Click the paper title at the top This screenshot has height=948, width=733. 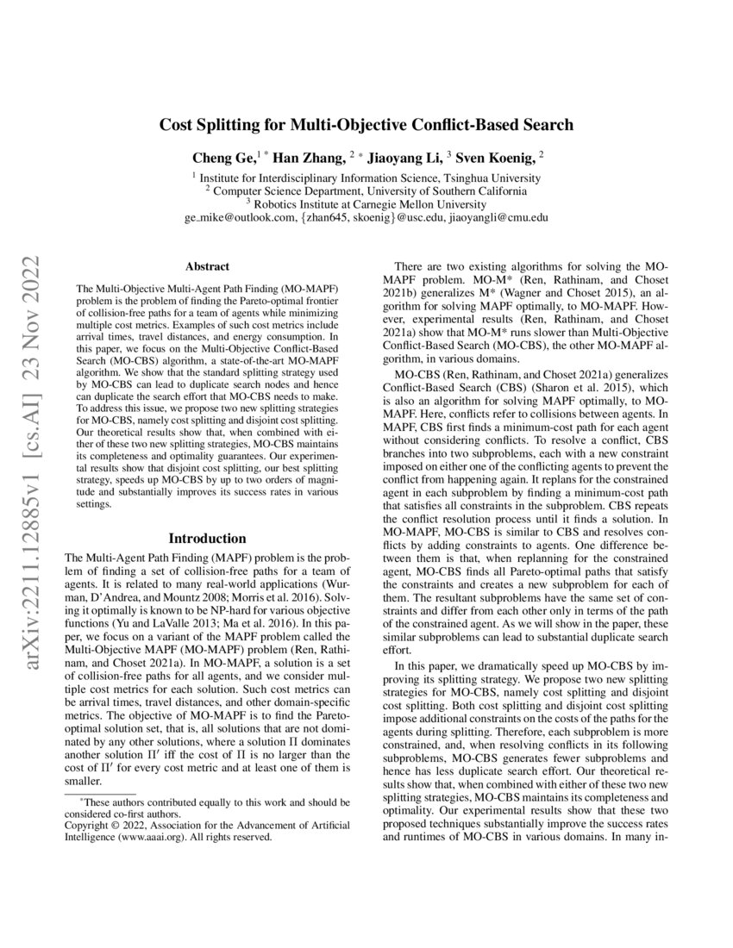[x=366, y=125]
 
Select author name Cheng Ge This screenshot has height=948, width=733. [x=219, y=158]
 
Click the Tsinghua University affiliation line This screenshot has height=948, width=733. [x=366, y=177]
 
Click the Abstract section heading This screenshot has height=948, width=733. [x=208, y=268]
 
